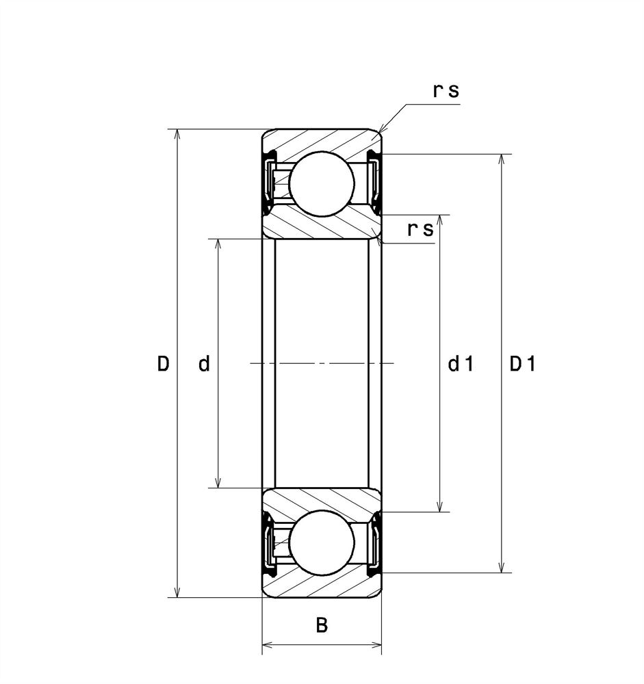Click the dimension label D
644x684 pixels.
coord(163,363)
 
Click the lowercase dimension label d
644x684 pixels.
coord(205,363)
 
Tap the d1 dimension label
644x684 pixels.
coord(461,363)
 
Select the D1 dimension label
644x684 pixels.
coord(522,363)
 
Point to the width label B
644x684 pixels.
coord(322,625)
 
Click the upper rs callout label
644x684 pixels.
coord(446,91)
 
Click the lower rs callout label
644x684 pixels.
coord(420,229)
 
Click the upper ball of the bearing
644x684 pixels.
coord(322,183)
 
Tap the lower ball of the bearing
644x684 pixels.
coord(322,543)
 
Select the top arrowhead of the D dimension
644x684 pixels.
coord(177,134)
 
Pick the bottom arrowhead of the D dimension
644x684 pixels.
coord(177,592)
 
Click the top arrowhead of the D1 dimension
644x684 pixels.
coord(503,159)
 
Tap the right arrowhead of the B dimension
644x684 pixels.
coord(376,645)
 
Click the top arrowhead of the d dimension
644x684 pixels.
coord(218,244)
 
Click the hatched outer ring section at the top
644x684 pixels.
coord(322,140)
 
